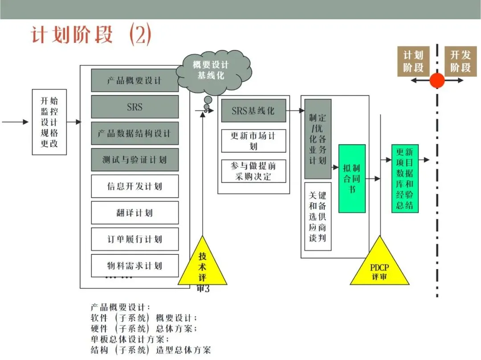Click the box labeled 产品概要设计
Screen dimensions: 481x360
click(135, 81)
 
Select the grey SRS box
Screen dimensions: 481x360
click(135, 107)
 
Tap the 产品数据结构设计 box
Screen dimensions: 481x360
click(135, 133)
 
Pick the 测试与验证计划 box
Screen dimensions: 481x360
click(135, 160)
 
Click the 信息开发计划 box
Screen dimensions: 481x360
click(135, 186)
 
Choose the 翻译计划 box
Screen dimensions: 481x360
click(135, 213)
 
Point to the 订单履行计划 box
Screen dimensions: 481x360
click(135, 239)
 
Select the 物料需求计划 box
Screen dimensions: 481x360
click(135, 266)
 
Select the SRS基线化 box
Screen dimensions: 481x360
click(253, 110)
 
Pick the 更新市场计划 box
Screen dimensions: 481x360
click(253, 141)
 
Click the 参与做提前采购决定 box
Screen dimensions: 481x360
click(253, 171)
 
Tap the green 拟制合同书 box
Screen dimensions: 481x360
click(352, 178)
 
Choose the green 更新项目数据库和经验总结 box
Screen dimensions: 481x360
click(405, 178)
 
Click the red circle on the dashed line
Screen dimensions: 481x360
click(437, 81)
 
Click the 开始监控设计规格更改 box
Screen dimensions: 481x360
click(49, 122)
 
